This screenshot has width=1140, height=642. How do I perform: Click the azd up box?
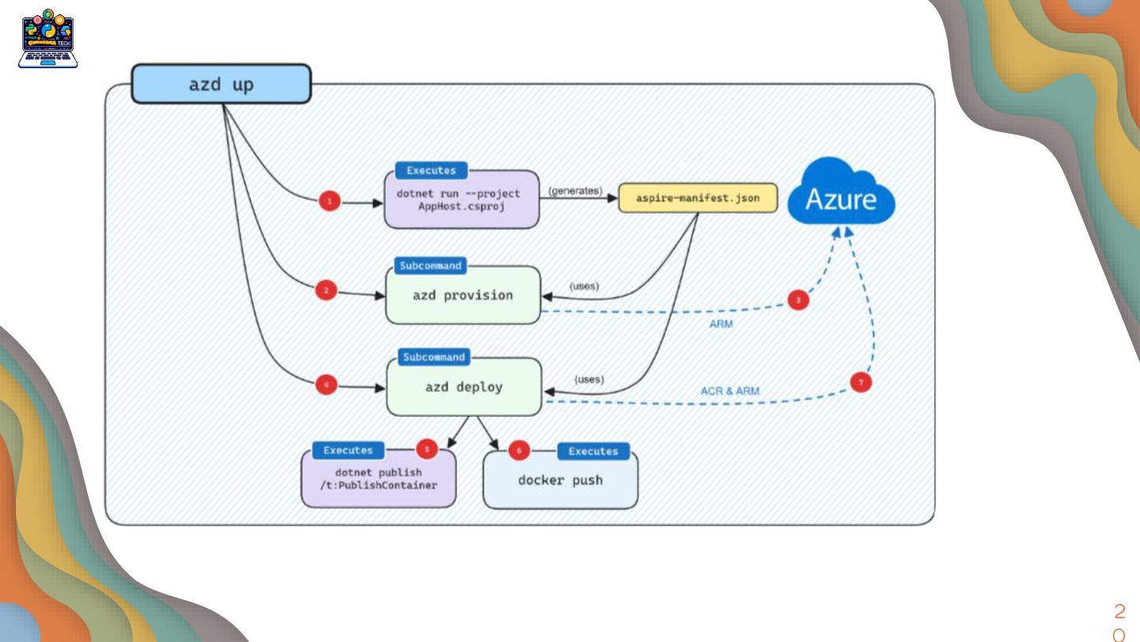(221, 84)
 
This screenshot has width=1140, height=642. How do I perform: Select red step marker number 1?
(330, 202)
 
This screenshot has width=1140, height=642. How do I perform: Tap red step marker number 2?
(325, 291)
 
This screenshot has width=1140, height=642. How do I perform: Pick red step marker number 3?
(798, 300)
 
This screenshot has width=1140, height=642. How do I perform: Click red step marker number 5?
(427, 449)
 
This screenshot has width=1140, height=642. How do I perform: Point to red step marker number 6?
(519, 451)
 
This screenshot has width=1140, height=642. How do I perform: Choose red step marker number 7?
(861, 382)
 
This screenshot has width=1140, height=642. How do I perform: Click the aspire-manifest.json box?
(697, 198)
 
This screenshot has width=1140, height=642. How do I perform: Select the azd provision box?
(462, 296)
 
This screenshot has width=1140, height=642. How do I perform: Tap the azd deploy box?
(463, 387)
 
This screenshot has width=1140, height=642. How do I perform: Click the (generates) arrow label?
(575, 191)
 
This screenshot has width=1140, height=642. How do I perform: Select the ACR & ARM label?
(729, 392)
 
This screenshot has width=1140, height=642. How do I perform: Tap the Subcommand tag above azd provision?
(430, 266)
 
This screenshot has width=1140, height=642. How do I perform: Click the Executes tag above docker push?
(593, 451)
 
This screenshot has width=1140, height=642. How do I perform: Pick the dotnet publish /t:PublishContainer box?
(378, 480)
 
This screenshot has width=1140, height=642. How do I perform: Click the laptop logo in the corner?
(48, 39)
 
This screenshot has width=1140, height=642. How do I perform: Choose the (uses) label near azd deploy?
(589, 380)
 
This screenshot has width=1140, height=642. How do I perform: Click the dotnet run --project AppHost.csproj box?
(462, 200)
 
